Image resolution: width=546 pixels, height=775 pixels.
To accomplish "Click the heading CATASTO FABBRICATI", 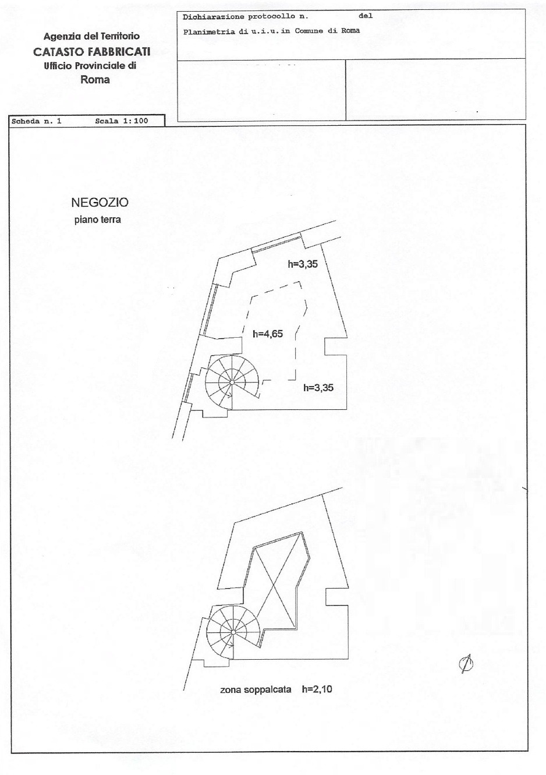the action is [91, 52].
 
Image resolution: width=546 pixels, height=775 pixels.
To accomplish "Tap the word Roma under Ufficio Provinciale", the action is [95, 80].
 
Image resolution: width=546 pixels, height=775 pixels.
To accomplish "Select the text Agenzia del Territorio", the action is [91, 36].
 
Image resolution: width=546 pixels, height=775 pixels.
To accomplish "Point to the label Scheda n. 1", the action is [36, 122].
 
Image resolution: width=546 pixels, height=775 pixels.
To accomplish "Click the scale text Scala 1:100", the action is [122, 121].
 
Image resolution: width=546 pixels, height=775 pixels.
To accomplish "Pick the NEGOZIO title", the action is [100, 203].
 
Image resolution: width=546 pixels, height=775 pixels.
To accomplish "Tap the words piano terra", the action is [98, 220].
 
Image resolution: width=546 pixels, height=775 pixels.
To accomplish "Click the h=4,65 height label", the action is [268, 334].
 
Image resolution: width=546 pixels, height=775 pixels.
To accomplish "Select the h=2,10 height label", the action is [317, 689].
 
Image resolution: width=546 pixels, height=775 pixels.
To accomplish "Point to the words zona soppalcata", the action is [256, 690].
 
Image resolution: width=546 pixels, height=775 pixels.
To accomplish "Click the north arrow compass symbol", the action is [466, 663].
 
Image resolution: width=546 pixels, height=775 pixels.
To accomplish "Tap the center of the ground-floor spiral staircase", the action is [232, 382].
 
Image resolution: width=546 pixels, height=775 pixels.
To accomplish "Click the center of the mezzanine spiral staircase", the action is [233, 632].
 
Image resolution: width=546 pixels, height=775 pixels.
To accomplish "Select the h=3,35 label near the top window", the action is [303, 264].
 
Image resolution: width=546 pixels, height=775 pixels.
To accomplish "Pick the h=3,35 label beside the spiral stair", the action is [318, 388].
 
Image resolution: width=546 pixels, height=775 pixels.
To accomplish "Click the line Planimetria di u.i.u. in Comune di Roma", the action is [271, 31].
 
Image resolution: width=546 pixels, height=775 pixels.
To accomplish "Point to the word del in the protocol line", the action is [366, 16].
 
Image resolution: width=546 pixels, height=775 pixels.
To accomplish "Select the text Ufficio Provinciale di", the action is [90, 66].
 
